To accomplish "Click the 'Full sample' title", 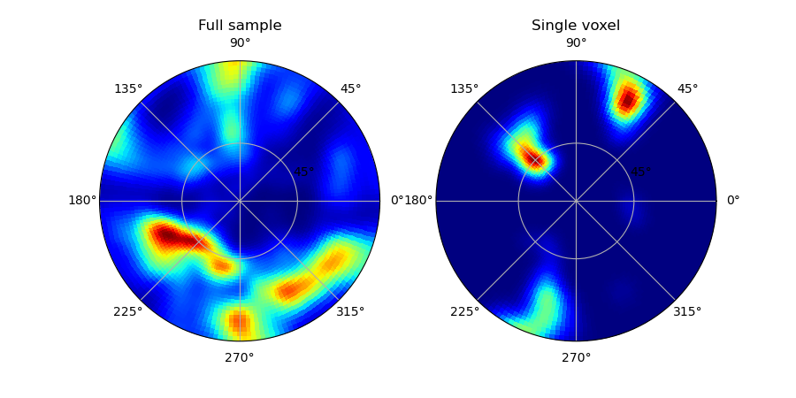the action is tap(240, 26).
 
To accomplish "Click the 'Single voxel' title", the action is tap(576, 26).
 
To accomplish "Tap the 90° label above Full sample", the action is tap(240, 43).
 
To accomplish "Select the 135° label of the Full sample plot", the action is tap(128, 88).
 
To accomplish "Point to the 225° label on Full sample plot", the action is tap(128, 311).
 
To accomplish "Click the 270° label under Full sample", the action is tap(240, 358).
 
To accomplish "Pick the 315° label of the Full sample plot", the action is tap(350, 311).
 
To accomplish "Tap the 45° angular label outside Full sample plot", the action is tap(351, 88).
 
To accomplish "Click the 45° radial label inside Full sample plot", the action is tap(304, 172).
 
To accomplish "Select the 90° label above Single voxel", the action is tap(577, 43).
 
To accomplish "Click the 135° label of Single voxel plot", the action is tap(464, 88).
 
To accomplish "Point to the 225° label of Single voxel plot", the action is tap(464, 311).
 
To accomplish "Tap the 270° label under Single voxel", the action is tap(576, 358).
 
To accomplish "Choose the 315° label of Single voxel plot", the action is tap(687, 311).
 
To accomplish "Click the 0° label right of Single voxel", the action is tap(733, 201).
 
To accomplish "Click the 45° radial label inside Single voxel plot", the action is tap(640, 172).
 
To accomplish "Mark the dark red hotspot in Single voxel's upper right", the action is tap(628, 99).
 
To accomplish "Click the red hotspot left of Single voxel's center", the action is tap(532, 157).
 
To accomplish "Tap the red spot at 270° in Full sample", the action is tap(239, 321).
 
